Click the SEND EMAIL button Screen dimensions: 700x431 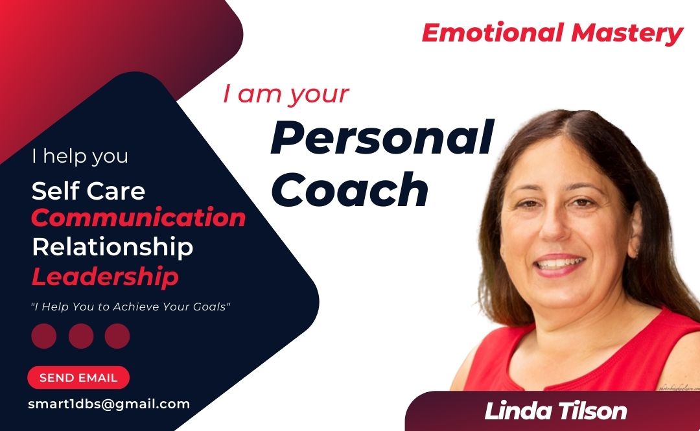point(78,377)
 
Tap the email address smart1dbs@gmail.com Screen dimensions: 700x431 point(109,404)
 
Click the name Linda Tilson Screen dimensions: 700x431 point(556,411)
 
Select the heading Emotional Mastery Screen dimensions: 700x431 point(552,34)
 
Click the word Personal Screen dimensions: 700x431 point(382,137)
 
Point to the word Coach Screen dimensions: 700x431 point(349,189)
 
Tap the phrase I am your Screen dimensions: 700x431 point(286,95)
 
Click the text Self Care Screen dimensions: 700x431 point(88,191)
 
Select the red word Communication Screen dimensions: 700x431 point(139,218)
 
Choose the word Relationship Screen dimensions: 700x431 point(113,247)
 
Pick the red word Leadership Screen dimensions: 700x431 point(106,277)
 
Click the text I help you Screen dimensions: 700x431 point(80,156)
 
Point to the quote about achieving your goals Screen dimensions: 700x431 point(130,307)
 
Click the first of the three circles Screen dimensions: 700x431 point(44,336)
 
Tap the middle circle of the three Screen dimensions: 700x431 point(81,336)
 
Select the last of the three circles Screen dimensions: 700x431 point(117,336)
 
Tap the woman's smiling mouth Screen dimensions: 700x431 point(559,264)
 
